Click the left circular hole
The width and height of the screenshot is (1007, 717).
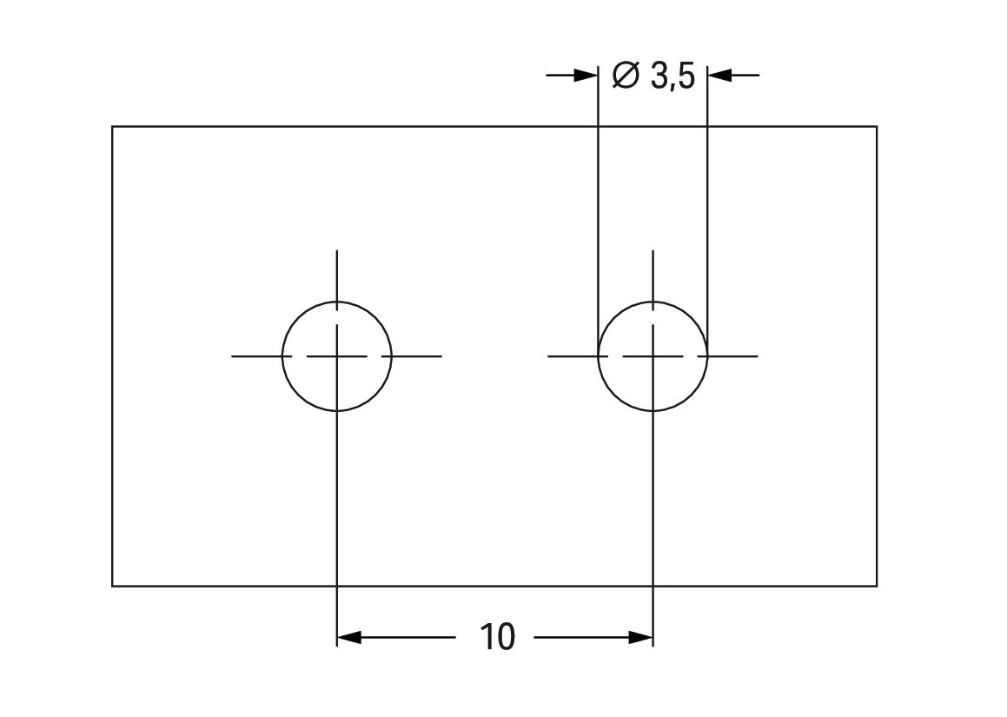(336, 356)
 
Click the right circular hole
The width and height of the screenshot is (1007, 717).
(653, 356)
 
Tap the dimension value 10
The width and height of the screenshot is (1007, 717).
(497, 637)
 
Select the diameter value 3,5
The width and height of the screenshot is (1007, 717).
(673, 76)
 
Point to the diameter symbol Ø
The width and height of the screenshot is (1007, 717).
(626, 75)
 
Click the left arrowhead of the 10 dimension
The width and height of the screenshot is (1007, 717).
(349, 637)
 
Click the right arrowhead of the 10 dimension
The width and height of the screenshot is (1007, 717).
(640, 637)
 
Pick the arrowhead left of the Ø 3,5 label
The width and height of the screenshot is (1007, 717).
(586, 75)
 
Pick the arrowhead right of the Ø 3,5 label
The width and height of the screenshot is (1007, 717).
(720, 75)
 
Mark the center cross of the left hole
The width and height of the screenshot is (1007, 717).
(336, 356)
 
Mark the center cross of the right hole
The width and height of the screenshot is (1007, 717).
(653, 356)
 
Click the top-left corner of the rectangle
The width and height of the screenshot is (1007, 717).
(112, 127)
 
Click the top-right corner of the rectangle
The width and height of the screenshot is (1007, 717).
(877, 127)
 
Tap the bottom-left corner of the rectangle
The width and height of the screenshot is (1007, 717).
(112, 586)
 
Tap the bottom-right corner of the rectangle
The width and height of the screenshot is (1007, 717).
(877, 586)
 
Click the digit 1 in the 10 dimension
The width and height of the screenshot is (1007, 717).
(487, 637)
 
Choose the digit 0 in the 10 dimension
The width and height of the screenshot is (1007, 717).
(506, 637)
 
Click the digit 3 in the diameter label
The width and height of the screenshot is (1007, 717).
(659, 76)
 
